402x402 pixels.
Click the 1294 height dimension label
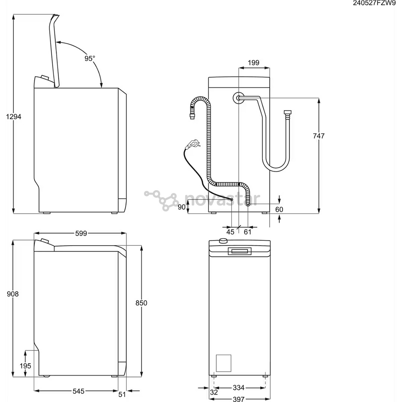(x=14, y=117)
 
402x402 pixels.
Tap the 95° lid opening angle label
(x=89, y=58)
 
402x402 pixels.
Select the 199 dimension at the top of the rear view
(x=253, y=63)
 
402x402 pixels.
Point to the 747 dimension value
(x=319, y=136)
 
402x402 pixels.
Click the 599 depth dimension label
(x=81, y=233)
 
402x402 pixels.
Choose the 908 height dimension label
(x=13, y=294)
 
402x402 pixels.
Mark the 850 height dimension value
(x=141, y=303)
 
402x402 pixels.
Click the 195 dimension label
(x=25, y=366)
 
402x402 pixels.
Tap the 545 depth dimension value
(x=78, y=391)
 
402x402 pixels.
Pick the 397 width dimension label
(x=238, y=399)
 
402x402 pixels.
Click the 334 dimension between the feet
(x=238, y=388)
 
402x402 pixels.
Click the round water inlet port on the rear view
(x=238, y=98)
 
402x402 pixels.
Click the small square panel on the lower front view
(x=223, y=363)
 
